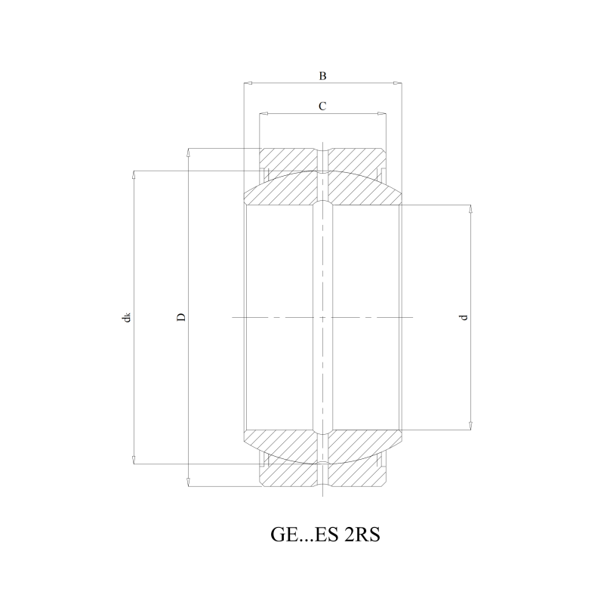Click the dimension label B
[x=323, y=76]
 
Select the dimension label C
[x=322, y=106]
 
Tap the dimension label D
[x=181, y=317]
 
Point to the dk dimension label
[x=126, y=317]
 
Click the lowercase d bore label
[x=464, y=317]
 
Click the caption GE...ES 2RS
[x=325, y=535]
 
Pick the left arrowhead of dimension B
[x=248, y=83]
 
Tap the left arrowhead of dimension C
[x=263, y=114]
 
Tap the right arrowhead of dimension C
[x=382, y=114]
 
